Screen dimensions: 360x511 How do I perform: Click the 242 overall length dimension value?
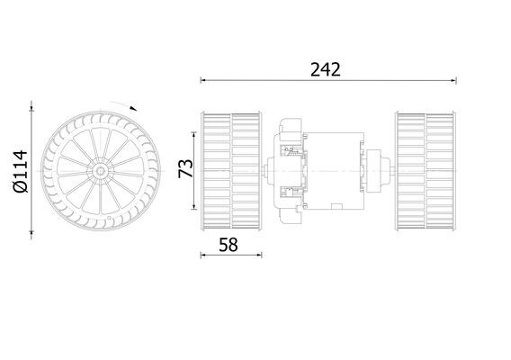[327, 69]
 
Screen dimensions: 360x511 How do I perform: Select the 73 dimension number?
[186, 167]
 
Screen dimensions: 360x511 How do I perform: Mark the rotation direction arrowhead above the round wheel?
[135, 108]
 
